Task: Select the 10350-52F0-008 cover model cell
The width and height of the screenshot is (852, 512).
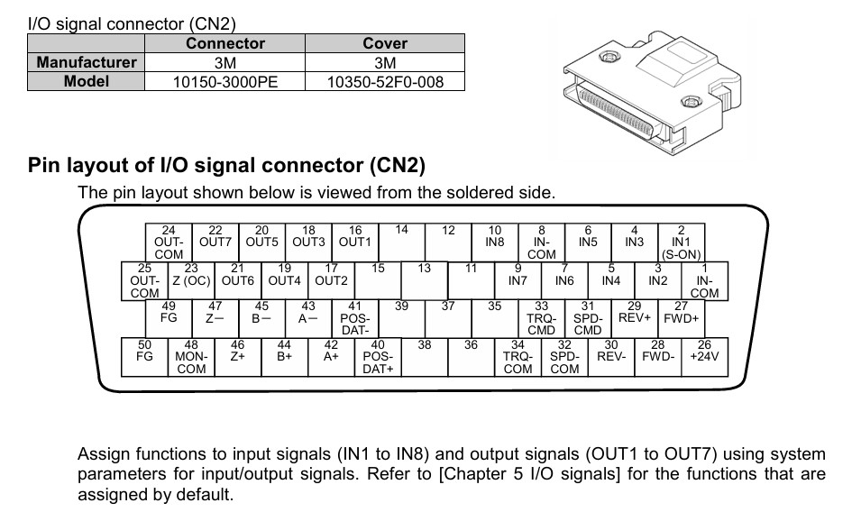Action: pyautogui.click(x=385, y=82)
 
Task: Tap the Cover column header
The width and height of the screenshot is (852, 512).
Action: pyautogui.click(x=385, y=43)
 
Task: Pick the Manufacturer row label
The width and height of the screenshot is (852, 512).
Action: pyautogui.click(x=87, y=62)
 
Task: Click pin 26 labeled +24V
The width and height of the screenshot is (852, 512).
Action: pyautogui.click(x=704, y=355)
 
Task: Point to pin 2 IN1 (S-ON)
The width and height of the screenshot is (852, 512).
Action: pyautogui.click(x=681, y=242)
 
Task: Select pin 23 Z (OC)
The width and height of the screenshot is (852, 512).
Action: pyautogui.click(x=190, y=279)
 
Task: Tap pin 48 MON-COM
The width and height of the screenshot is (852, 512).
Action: pyautogui.click(x=190, y=356)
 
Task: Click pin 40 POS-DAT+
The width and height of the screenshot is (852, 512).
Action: pyautogui.click(x=378, y=356)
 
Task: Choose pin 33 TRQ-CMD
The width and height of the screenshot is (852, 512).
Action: pyautogui.click(x=542, y=318)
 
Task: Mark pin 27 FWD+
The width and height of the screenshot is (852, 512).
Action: pyautogui.click(x=681, y=317)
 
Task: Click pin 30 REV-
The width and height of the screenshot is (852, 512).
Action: pyautogui.click(x=611, y=355)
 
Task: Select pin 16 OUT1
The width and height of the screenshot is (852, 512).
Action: pyautogui.click(x=354, y=242)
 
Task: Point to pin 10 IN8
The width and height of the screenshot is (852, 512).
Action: pyautogui.click(x=494, y=242)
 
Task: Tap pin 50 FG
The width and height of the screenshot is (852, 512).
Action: pyautogui.click(x=143, y=355)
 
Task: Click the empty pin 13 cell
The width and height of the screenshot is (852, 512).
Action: pyautogui.click(x=424, y=279)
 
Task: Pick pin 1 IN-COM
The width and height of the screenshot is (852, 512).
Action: pyautogui.click(x=704, y=280)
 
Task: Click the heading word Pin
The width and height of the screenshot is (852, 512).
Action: pyautogui.click(x=45, y=166)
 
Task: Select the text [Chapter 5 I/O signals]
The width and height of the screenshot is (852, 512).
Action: pyautogui.click(x=528, y=474)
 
